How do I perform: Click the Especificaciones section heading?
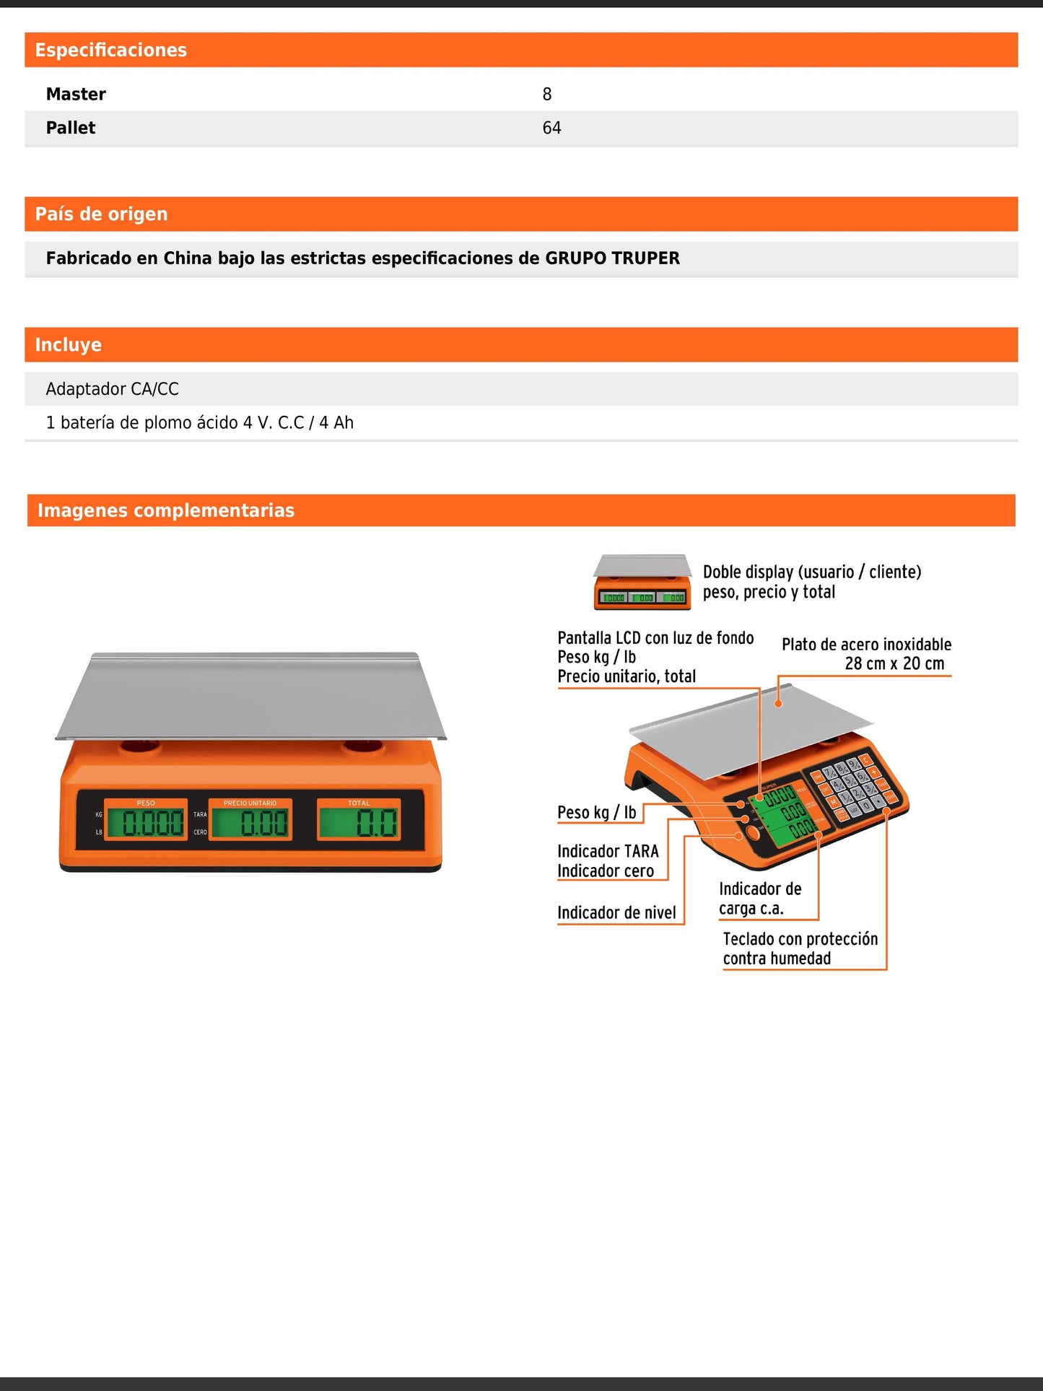(110, 50)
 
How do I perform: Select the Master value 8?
(546, 94)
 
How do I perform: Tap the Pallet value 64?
(551, 128)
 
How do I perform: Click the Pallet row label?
(71, 128)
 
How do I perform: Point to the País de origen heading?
(101, 214)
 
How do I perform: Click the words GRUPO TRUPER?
(612, 258)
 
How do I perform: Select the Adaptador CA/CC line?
(112, 389)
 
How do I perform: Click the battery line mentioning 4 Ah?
(199, 423)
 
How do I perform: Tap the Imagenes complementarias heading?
(166, 510)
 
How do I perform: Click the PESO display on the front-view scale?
(147, 821)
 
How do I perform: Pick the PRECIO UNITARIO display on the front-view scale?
(250, 821)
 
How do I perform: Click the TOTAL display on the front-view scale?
(359, 821)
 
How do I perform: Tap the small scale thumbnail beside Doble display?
(642, 582)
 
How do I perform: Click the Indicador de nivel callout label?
(616, 913)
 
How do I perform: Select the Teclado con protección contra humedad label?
(800, 949)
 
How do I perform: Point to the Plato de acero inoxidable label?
(866, 654)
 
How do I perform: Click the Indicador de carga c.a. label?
(759, 899)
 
